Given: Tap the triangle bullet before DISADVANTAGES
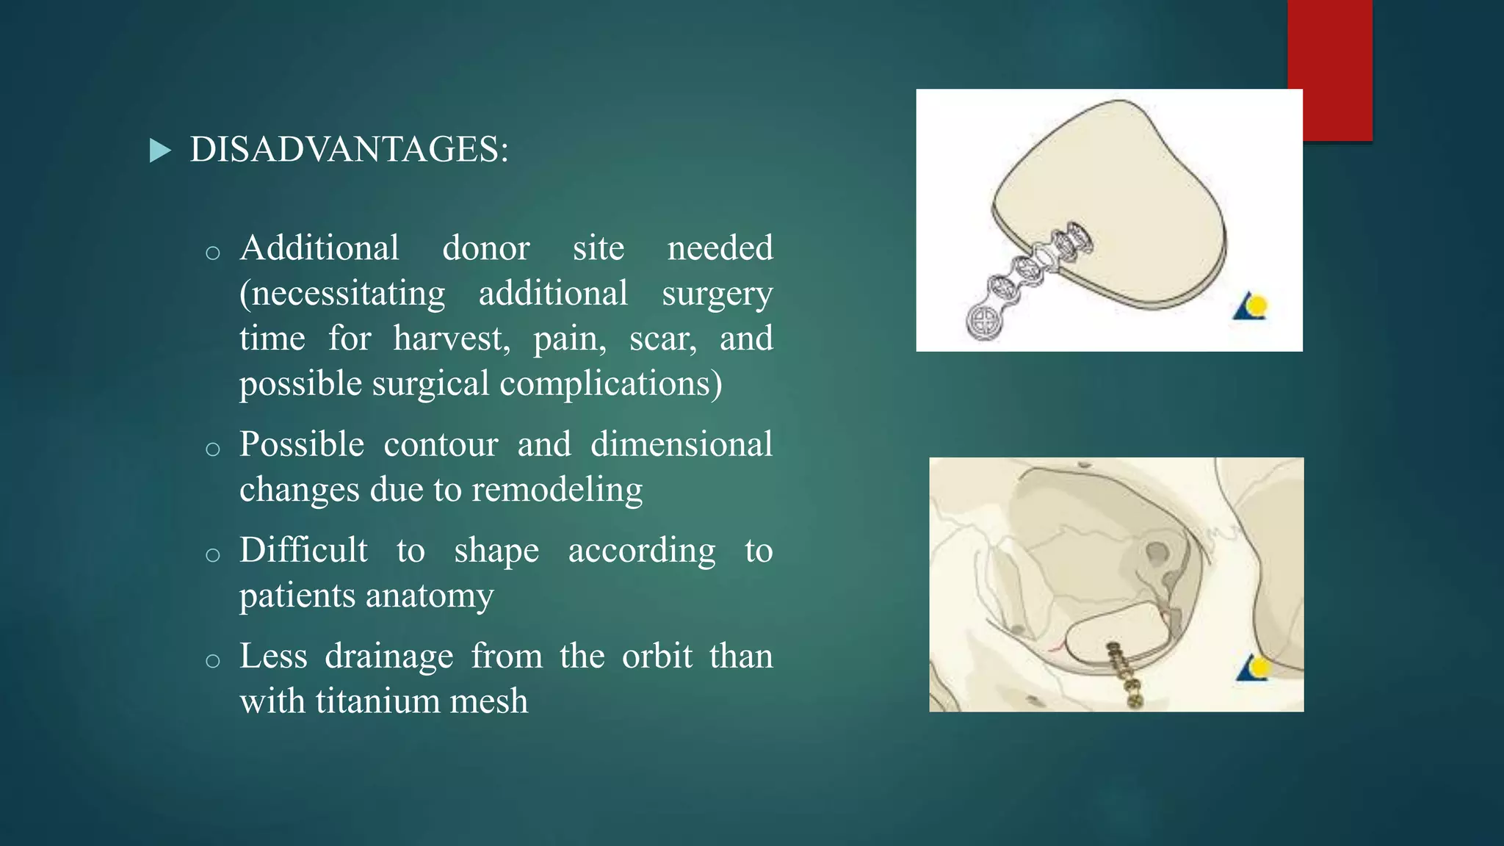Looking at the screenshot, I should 159,151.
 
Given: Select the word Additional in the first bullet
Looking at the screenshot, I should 319,248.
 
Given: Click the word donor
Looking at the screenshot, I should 485,248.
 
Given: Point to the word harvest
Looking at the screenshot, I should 451,339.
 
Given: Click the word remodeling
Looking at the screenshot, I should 557,490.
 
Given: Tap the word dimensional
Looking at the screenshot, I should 681,444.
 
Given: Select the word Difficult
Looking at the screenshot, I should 303,550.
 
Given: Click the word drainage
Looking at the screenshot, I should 388,656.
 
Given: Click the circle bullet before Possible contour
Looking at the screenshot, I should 213,449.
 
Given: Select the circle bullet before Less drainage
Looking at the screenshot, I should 213,661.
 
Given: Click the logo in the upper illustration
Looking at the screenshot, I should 1251,306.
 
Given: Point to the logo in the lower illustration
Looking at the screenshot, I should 1254,668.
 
